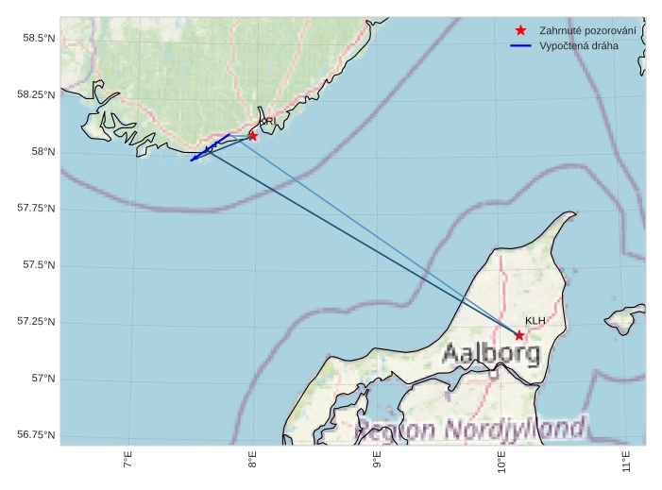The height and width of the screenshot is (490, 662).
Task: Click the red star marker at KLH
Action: click(519, 335)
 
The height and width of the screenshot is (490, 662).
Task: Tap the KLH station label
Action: click(535, 321)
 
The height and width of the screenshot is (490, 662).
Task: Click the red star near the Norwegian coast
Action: click(253, 136)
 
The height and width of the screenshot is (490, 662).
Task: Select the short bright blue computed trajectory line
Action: click(210, 147)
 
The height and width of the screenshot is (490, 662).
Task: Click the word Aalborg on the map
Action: click(491, 355)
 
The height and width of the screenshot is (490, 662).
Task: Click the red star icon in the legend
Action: click(520, 30)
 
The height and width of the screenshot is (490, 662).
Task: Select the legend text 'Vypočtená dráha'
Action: click(579, 45)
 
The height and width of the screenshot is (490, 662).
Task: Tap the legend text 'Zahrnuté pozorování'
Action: click(587, 30)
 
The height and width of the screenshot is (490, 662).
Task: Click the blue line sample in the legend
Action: click(520, 45)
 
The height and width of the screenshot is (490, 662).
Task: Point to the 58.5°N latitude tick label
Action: click(38, 38)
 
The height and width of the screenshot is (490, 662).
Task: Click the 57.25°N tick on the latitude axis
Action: click(36, 322)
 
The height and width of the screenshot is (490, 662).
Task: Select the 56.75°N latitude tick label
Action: click(36, 435)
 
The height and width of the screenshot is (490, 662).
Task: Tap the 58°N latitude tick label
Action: click(42, 151)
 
